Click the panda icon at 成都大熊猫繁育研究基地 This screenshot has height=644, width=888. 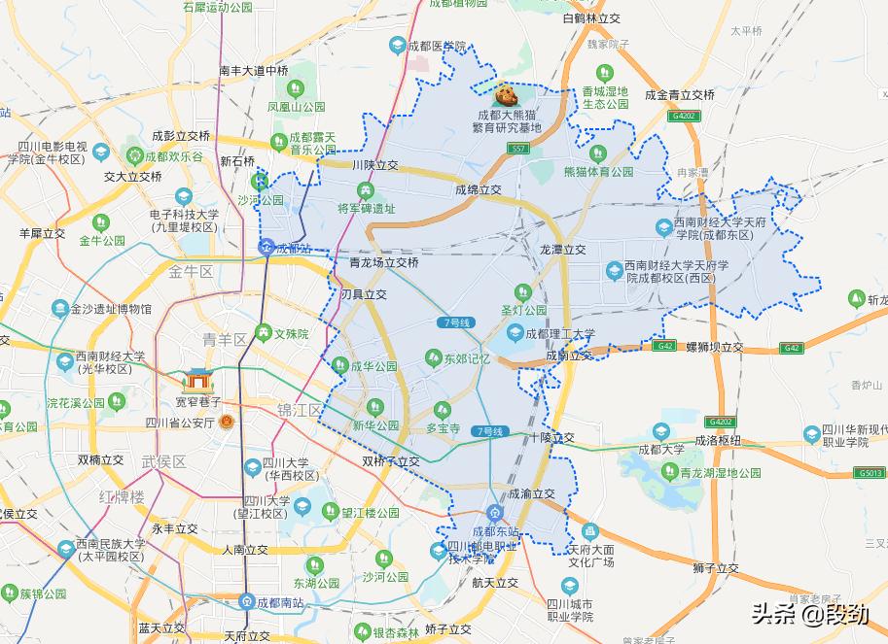pos(506,95)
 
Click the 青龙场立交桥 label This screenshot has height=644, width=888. pos(383,262)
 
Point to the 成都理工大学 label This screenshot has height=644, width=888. pos(559,333)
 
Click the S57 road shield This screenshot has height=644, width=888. pos(519,149)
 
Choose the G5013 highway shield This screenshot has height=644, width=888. pos(870,473)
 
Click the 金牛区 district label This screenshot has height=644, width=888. pos(190,271)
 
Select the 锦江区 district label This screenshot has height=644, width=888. pos(299,409)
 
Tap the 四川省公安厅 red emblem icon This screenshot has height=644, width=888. pos(226,422)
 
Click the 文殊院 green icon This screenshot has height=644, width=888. pos(263,333)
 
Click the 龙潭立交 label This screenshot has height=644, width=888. pos(563,250)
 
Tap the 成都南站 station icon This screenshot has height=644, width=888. pos(247,601)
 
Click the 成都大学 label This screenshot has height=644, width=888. pos(659,450)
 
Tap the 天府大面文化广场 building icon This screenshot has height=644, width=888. pos(590,532)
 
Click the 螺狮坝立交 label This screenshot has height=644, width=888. pos(714,347)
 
